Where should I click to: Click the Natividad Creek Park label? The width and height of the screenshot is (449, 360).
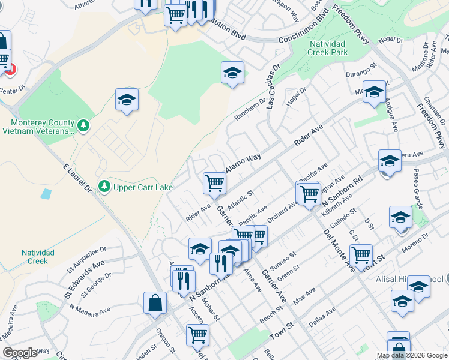(328, 49)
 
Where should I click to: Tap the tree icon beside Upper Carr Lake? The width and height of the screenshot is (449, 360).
(105, 187)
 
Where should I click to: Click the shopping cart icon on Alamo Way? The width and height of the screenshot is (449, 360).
(214, 182)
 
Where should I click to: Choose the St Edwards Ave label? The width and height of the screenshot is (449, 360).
(85, 278)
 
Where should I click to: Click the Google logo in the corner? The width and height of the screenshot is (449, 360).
(20, 353)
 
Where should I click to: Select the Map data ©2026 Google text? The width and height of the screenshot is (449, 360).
(411, 355)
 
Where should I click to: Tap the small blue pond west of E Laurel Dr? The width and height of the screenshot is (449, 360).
(46, 194)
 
